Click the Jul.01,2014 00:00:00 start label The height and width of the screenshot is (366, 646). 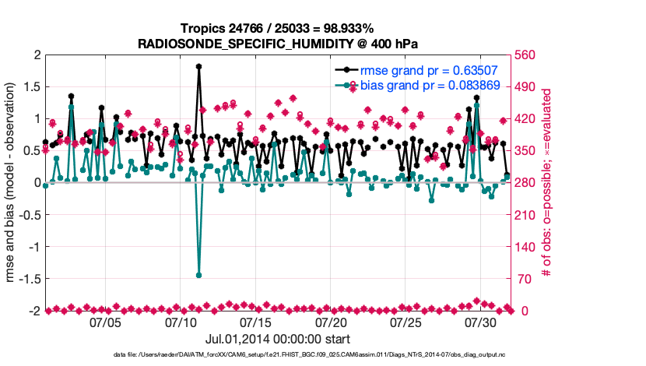[278, 339]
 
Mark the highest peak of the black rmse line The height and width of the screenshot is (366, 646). [199, 67]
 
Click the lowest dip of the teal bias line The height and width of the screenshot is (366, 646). [199, 275]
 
